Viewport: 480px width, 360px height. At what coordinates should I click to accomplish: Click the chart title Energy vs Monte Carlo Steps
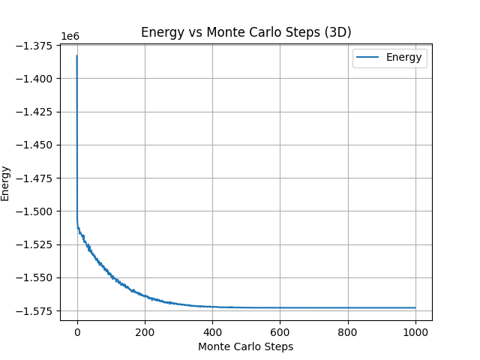(246, 32)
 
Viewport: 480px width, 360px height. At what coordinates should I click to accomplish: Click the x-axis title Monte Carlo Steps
(246, 347)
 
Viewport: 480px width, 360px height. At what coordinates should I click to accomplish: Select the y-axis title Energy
(6, 183)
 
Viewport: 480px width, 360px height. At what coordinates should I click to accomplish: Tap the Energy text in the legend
(404, 57)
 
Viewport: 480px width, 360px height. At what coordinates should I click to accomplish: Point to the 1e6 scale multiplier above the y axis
(70, 36)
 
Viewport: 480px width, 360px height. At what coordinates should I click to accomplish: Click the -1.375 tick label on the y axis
(36, 46)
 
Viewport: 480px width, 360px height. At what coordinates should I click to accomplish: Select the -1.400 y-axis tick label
(36, 79)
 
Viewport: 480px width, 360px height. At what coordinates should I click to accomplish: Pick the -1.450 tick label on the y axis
(36, 145)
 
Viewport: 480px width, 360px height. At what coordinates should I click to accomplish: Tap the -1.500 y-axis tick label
(36, 211)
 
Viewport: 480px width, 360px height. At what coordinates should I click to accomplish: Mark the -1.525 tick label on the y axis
(36, 244)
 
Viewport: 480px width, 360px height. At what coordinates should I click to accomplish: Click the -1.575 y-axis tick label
(36, 310)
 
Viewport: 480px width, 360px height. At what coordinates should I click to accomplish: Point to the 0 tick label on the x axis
(77, 332)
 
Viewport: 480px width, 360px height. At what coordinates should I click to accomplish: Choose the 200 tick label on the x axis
(145, 332)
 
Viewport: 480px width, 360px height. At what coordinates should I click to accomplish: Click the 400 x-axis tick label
(212, 332)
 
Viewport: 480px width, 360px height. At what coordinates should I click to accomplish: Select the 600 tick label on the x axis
(280, 332)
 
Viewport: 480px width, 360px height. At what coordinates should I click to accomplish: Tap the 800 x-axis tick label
(347, 332)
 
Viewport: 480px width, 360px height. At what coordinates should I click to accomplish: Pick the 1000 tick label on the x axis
(415, 332)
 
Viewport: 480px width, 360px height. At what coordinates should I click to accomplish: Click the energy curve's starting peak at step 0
(77, 55)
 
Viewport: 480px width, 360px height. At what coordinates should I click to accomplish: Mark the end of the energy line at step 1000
(415, 307)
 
